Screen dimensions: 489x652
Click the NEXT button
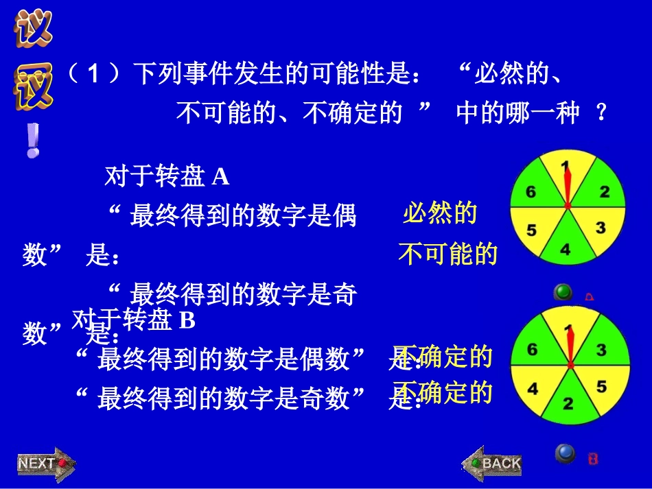[45, 464]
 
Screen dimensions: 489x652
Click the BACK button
[493, 464]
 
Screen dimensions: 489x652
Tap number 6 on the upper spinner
[531, 192]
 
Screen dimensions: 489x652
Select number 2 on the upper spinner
[604, 192]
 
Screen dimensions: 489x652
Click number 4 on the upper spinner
[565, 250]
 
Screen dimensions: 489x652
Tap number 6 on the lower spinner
[532, 350]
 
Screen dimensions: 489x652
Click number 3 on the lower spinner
[601, 350]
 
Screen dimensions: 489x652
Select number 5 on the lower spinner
[602, 387]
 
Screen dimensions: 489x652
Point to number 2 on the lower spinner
[568, 403]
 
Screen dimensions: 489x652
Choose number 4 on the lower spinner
[533, 389]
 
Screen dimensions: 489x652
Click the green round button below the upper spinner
[563, 293]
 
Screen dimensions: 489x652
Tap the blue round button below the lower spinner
[565, 453]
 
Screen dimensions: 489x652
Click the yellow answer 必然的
[439, 213]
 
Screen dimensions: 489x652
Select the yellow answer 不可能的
[447, 255]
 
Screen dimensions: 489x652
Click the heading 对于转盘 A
[167, 177]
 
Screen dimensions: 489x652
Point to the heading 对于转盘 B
[135, 320]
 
